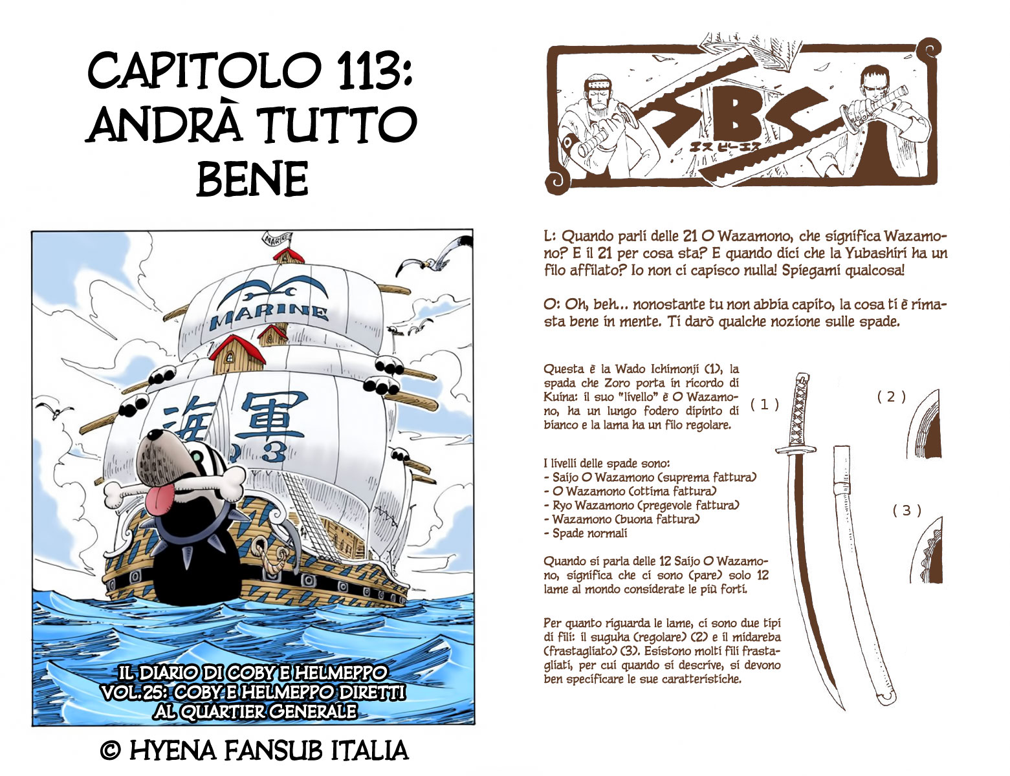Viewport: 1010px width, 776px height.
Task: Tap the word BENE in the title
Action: point(253,178)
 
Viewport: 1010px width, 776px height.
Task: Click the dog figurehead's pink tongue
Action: point(158,500)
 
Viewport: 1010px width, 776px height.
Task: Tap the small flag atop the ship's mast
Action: point(277,239)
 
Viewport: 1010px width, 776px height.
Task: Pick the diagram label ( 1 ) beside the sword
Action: point(765,405)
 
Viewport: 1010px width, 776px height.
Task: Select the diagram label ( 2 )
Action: point(891,396)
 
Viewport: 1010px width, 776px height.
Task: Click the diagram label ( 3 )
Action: point(906,510)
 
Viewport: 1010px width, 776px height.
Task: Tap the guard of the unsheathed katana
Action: point(796,449)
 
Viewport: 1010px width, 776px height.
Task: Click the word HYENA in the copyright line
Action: point(173,751)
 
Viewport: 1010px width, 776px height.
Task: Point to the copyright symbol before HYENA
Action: point(111,751)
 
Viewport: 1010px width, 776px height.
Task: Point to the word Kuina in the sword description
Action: point(557,397)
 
